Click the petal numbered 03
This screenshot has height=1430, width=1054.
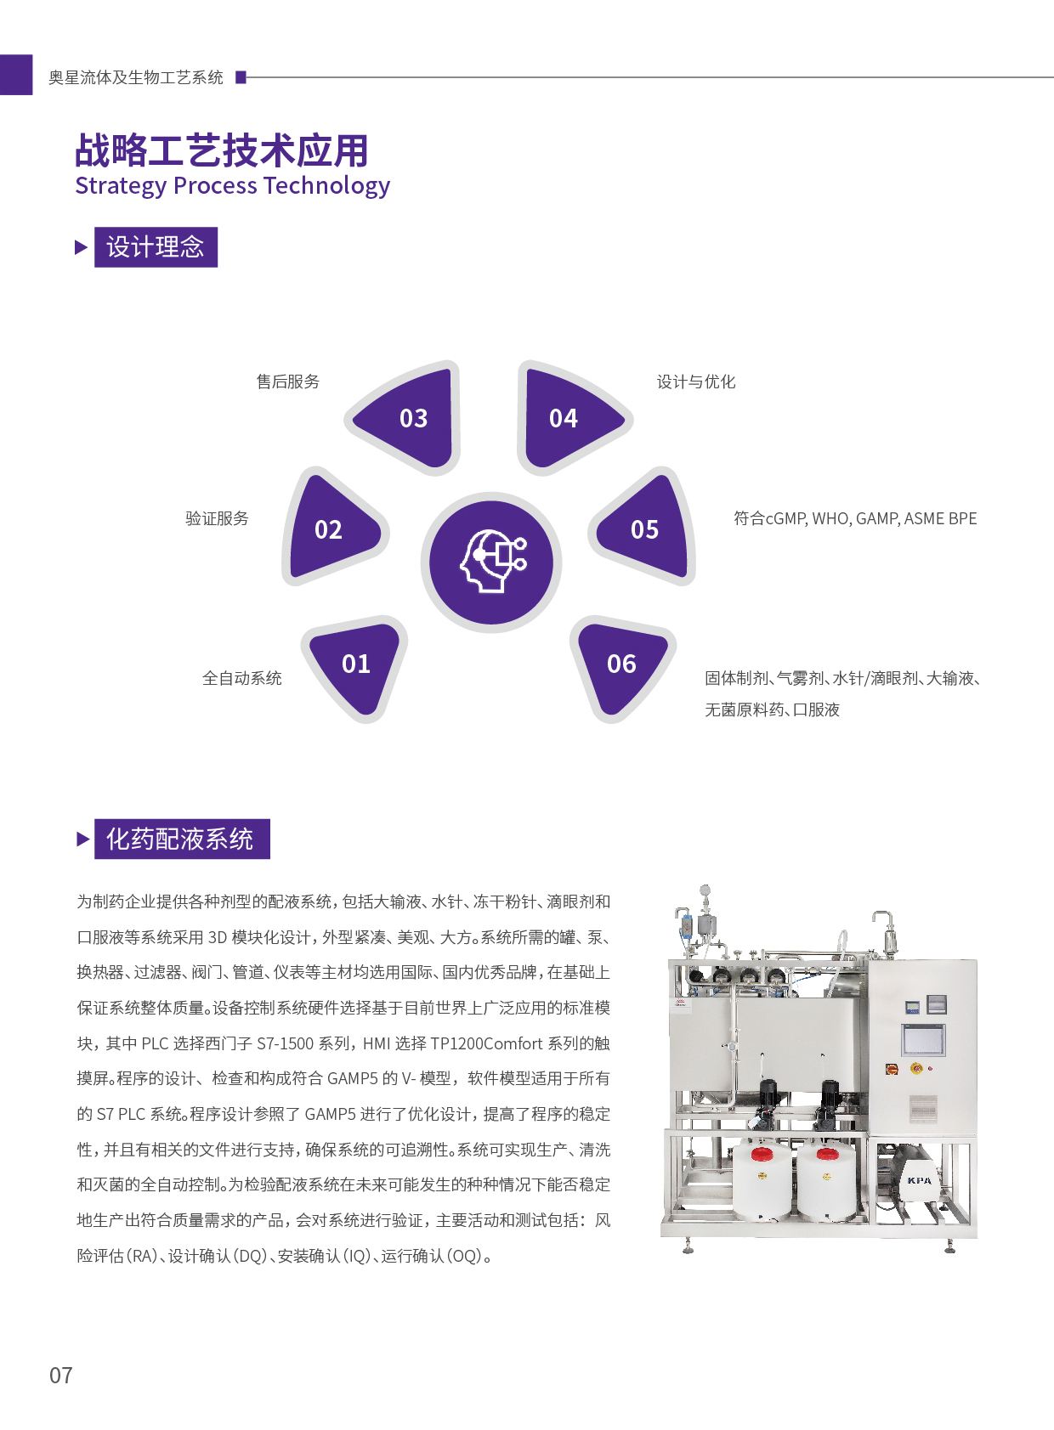point(409,418)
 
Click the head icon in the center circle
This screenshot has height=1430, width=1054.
point(493,561)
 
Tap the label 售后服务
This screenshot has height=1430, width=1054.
point(288,382)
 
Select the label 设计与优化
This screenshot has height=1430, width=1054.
point(696,382)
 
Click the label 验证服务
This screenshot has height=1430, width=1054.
point(218,518)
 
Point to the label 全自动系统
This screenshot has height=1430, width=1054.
point(242,678)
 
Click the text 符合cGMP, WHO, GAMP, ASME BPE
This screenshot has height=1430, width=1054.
point(855,518)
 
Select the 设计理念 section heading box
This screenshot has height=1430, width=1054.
point(156,247)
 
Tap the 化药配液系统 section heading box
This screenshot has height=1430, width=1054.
point(182,839)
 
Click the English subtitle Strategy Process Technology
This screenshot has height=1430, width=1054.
point(233,186)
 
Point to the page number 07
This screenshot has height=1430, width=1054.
point(60,1376)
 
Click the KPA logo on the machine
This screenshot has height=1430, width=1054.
point(919,1180)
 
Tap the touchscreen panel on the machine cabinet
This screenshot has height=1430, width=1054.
point(923,1039)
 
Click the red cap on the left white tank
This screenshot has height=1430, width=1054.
point(762,1154)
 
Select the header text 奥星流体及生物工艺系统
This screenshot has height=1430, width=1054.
point(136,77)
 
